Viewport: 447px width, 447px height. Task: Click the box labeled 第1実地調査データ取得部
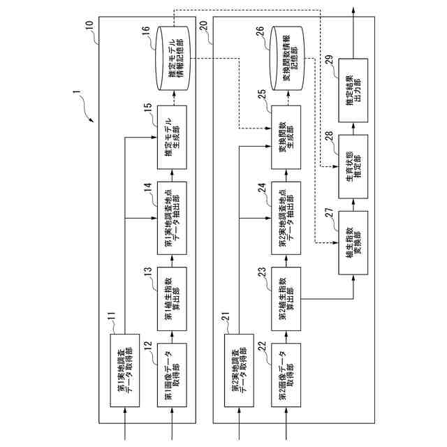click(126, 372)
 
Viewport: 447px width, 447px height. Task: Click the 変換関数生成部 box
click(288, 137)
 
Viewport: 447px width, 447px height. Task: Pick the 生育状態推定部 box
click(354, 159)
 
